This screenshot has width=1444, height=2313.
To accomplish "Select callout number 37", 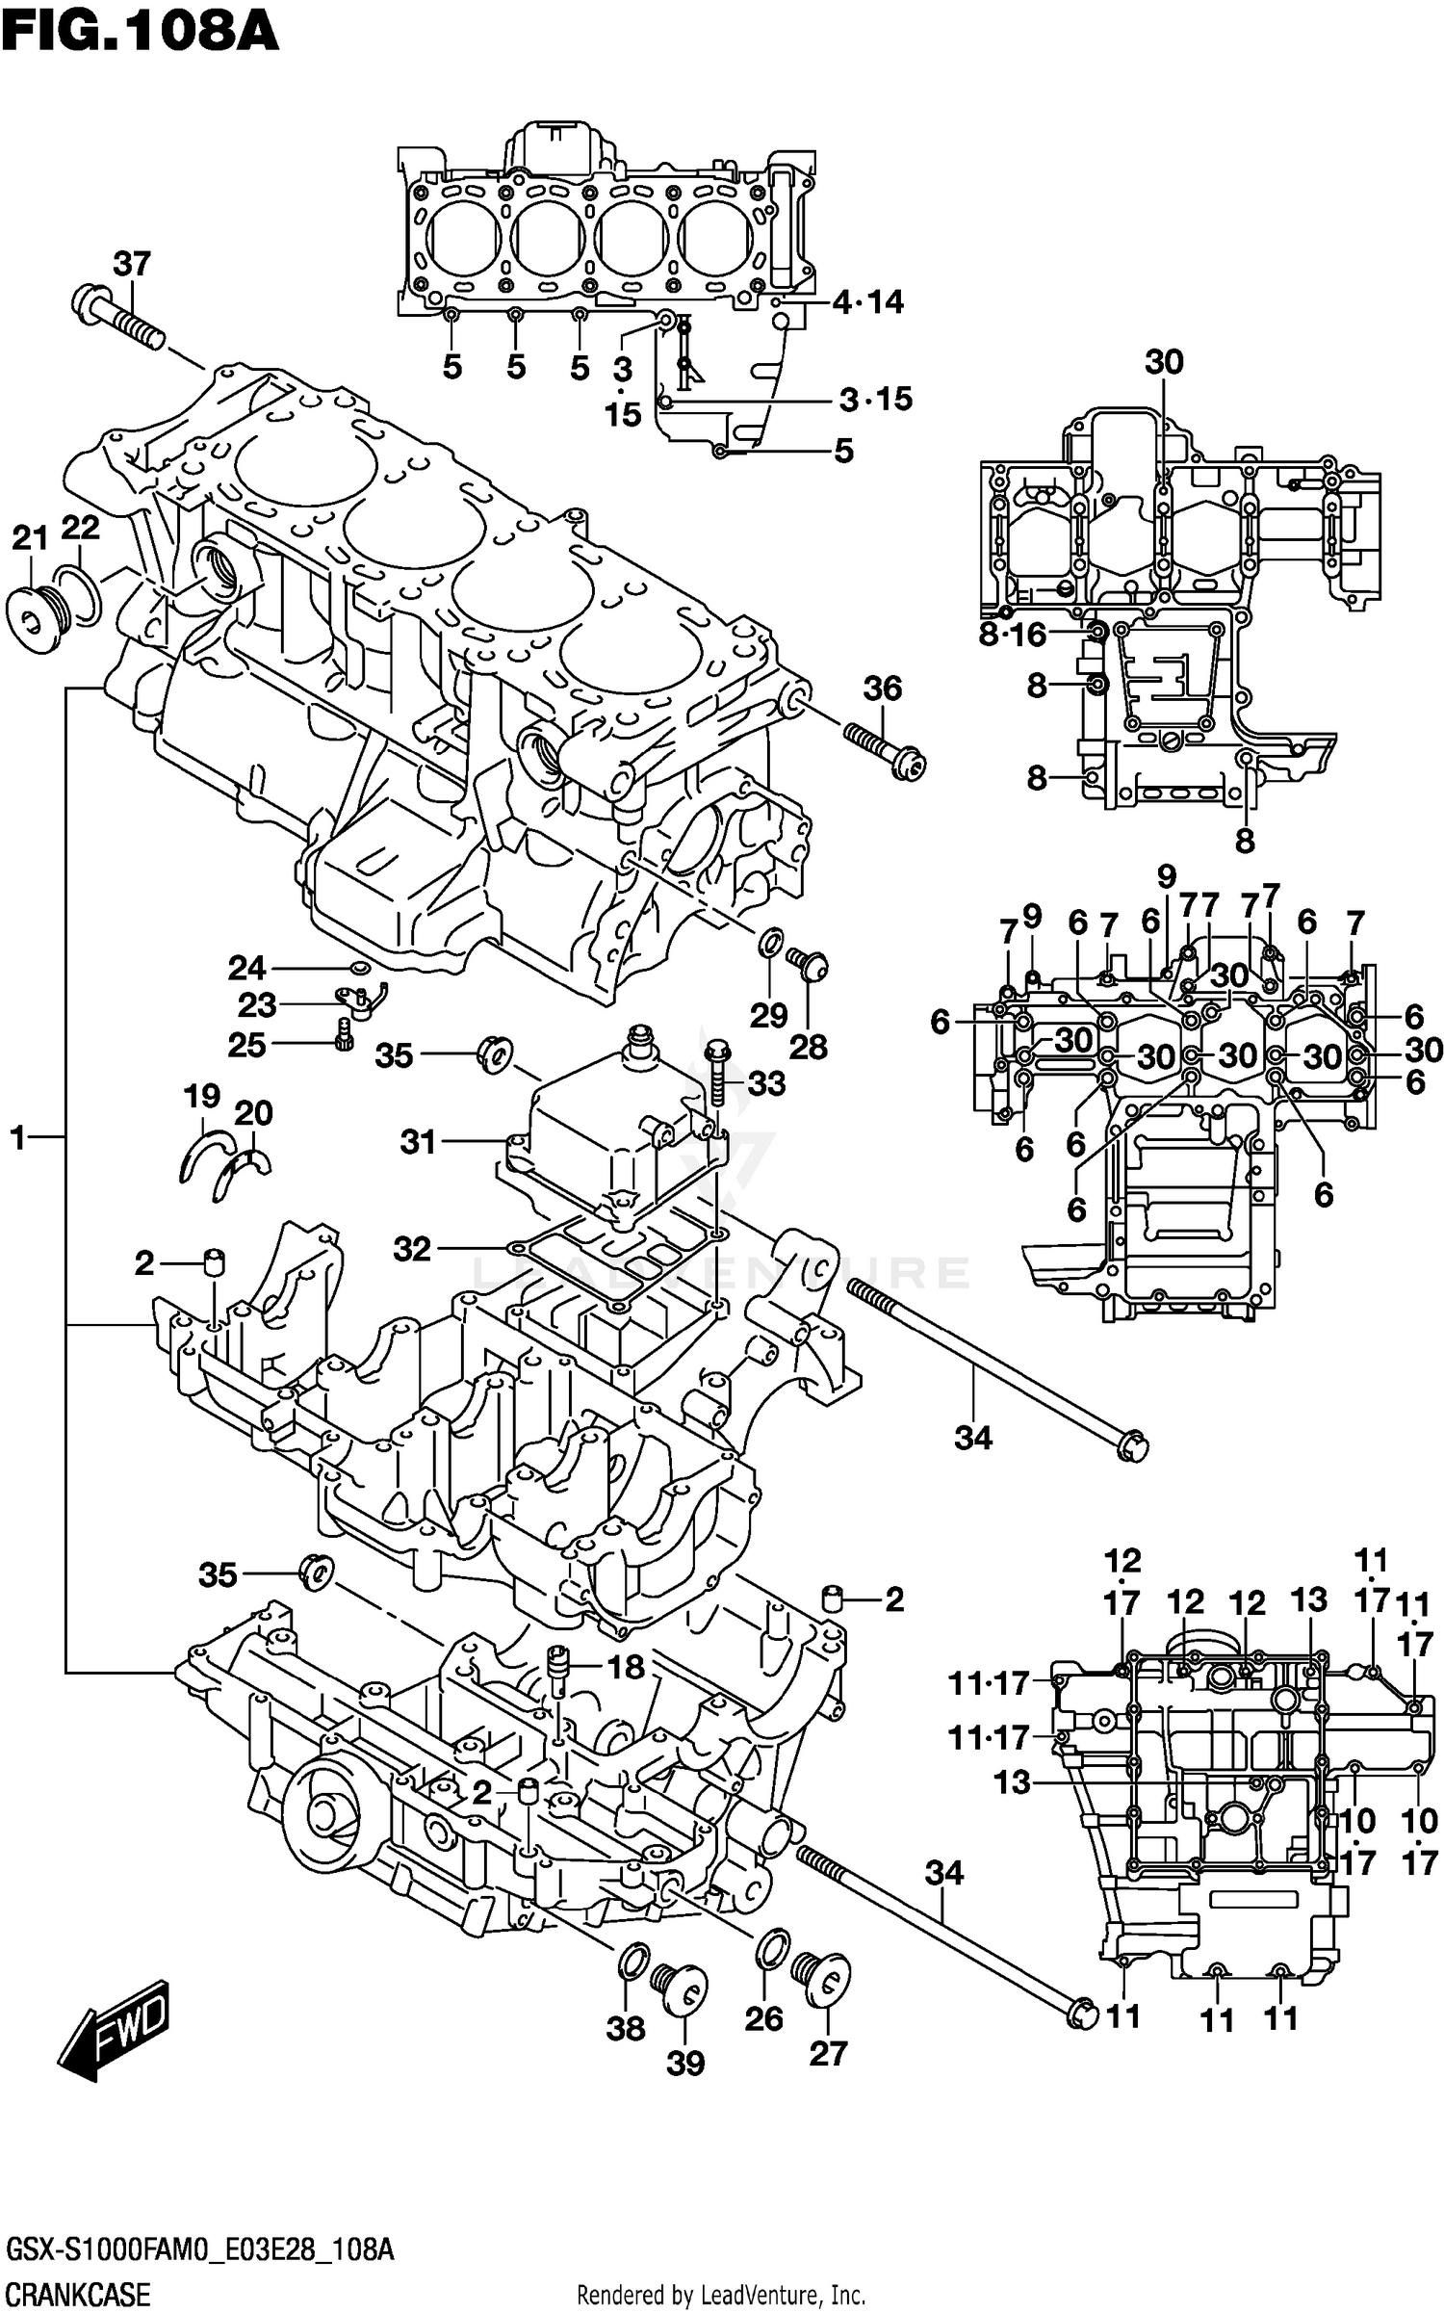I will coord(132,263).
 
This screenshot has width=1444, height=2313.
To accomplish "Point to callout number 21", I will coord(30,537).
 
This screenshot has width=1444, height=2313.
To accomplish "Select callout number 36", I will coord(882,689).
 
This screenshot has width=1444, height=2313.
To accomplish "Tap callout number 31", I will coord(418,1142).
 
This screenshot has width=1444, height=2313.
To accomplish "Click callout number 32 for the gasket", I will coord(412,1249).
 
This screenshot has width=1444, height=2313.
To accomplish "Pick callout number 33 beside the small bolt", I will coord(766,1083).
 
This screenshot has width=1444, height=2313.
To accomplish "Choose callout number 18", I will coord(626,1667).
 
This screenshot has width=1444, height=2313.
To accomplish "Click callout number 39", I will coord(684,2064).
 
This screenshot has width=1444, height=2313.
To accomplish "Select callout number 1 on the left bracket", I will coord(17,1138).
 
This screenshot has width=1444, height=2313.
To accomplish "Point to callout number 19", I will coord(202,1096).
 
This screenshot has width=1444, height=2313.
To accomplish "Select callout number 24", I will coord(245,967).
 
